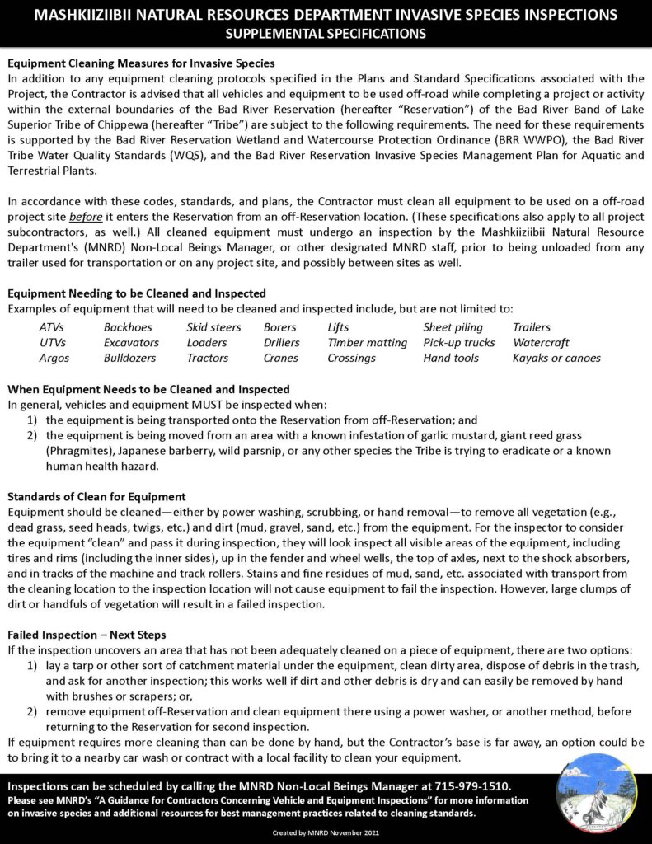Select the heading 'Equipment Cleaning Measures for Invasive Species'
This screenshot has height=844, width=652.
[141, 63]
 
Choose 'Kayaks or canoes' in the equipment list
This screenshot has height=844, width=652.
[556, 358]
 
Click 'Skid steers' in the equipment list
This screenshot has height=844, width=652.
[213, 327]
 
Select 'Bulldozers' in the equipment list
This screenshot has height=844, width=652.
[130, 358]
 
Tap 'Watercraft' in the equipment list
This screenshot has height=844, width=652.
[541, 343]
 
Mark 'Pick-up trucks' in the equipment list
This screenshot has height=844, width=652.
[459, 343]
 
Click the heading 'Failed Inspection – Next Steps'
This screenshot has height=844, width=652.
[87, 635]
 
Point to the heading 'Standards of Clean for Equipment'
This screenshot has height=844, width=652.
[96, 497]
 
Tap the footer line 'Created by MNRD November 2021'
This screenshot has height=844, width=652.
[326, 834]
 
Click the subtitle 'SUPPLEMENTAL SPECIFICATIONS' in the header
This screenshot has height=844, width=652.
[326, 34]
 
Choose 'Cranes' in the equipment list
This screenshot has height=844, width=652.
[281, 358]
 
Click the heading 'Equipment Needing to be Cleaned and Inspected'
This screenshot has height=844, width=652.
[136, 293]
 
